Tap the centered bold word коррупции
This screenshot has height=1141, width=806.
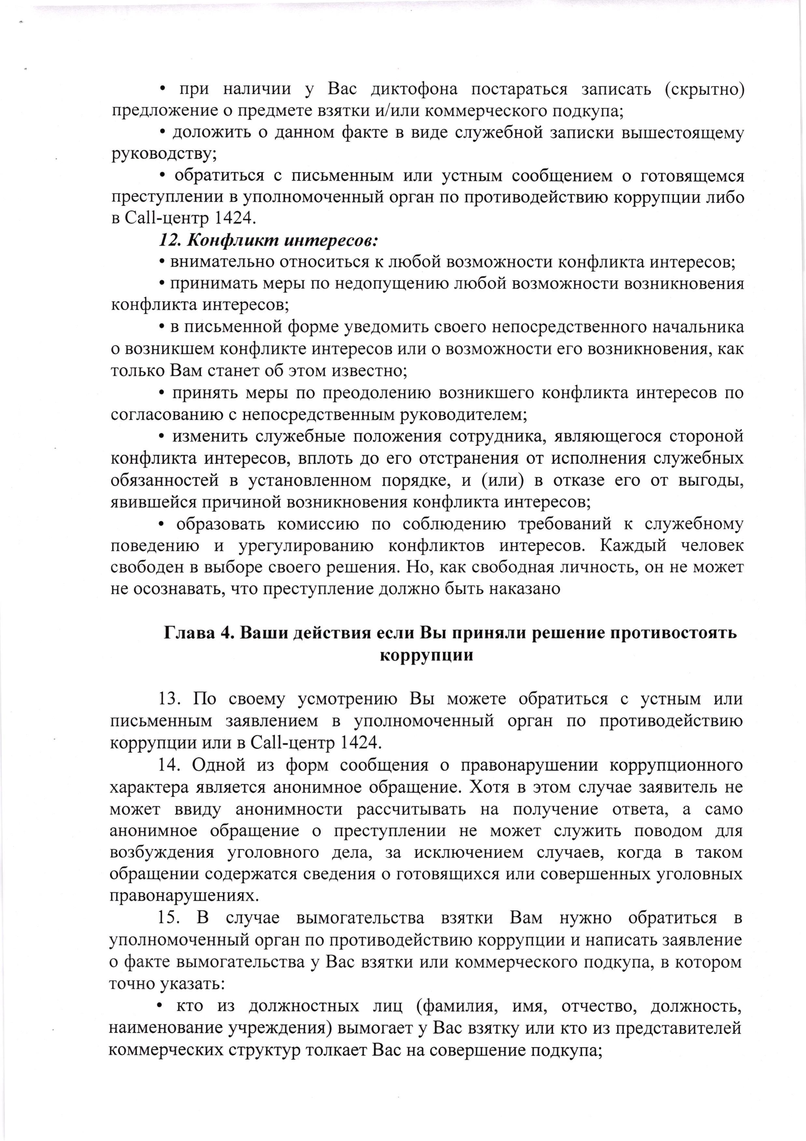pyautogui.click(x=426, y=655)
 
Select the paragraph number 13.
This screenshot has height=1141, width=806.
pyautogui.click(x=171, y=699)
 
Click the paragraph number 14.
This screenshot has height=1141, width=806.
pyautogui.click(x=171, y=764)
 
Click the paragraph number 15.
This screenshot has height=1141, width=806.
pyautogui.click(x=171, y=917)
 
